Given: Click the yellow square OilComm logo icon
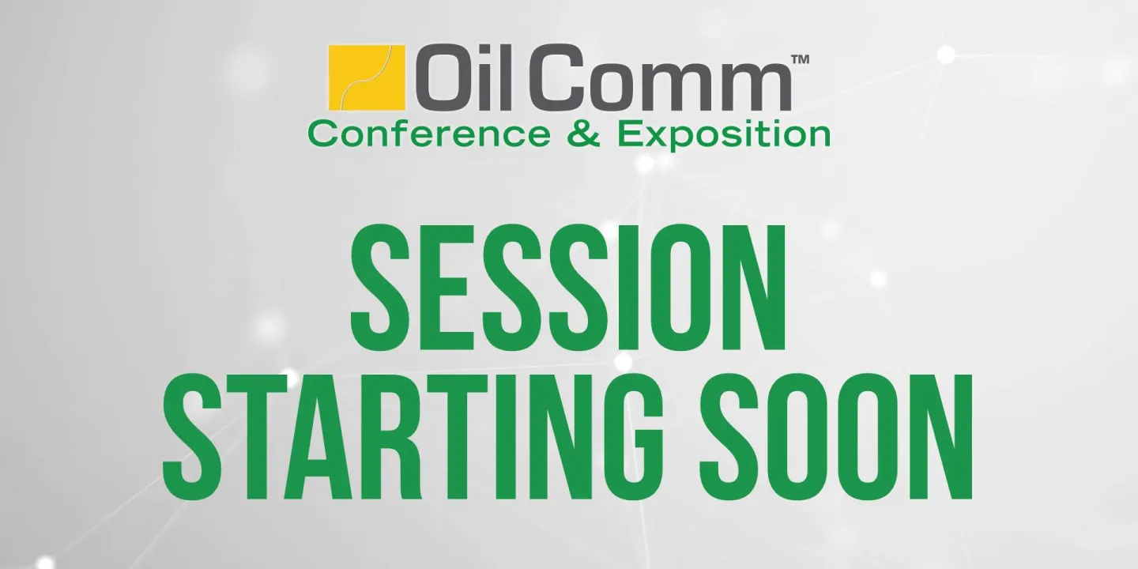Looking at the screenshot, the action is tap(367, 77).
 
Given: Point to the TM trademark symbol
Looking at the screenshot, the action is tap(800, 60).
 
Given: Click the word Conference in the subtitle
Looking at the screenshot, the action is tap(429, 134).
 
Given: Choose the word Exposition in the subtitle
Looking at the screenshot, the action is tap(724, 136).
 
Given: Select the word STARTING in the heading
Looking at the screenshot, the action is tap(413, 438).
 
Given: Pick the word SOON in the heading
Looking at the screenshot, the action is tap(835, 438).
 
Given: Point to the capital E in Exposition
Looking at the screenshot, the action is tap(629, 134).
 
